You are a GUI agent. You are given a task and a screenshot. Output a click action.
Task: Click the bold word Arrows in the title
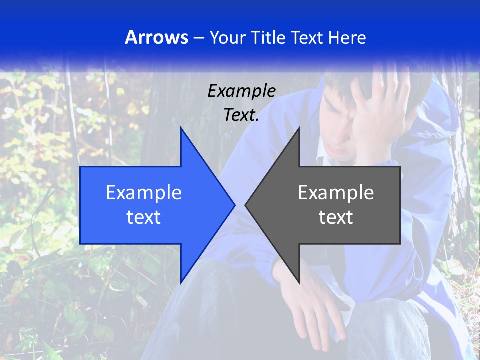[x=156, y=37]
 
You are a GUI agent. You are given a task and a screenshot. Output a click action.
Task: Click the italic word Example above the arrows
[x=241, y=91]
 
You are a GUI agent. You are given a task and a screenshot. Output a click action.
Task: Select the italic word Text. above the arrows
[x=241, y=115]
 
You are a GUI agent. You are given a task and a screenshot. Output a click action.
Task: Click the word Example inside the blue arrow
[x=143, y=193]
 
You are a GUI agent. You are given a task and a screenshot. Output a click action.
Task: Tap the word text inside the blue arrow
[x=143, y=217]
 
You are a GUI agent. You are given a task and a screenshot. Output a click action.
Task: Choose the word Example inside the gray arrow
[x=336, y=193]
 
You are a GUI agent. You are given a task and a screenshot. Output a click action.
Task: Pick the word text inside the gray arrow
[x=336, y=217]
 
